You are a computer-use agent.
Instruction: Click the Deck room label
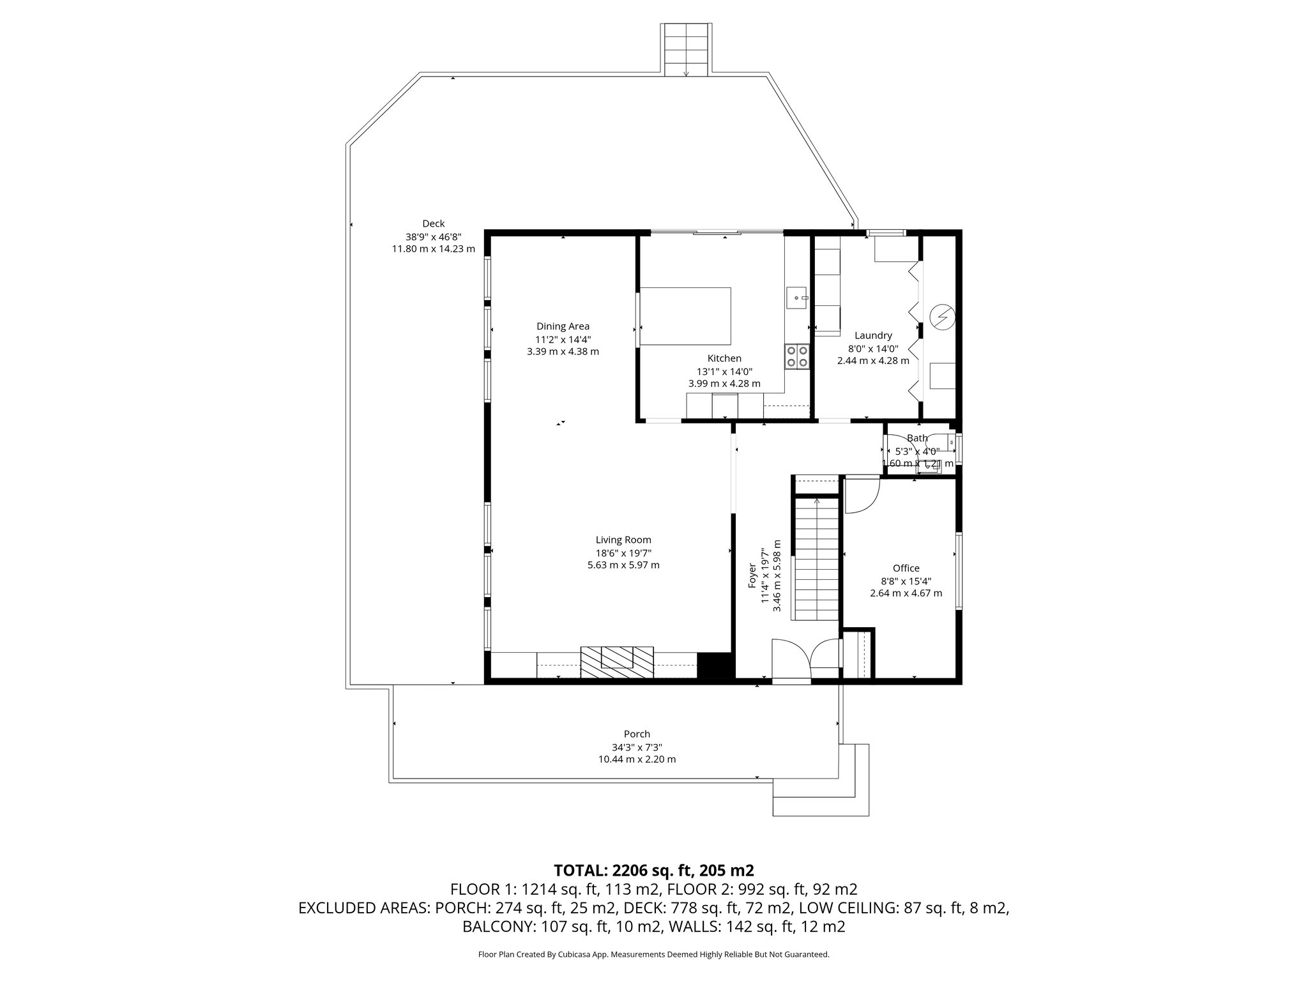pos(433,224)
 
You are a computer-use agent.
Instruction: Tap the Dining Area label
pos(563,326)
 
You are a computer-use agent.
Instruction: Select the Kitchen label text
pos(724,358)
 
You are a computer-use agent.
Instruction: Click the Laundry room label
pos(873,335)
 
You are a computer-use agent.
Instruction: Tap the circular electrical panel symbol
pos(941,316)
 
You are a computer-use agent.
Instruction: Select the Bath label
pos(917,438)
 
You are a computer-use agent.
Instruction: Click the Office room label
pos(906,568)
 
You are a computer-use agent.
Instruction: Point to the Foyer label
pos(752,575)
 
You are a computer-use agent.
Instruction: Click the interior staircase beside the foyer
pos(816,559)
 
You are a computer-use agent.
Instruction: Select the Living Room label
pos(623,540)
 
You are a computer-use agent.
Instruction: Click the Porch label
pos(637,734)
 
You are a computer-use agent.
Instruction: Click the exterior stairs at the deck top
pos(686,50)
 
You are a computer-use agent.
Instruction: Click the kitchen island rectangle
pos(685,316)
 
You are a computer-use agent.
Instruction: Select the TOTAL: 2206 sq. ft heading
pos(653,870)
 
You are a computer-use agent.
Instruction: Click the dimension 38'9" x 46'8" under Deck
pos(433,236)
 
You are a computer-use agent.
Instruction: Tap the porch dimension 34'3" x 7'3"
pos(637,747)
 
